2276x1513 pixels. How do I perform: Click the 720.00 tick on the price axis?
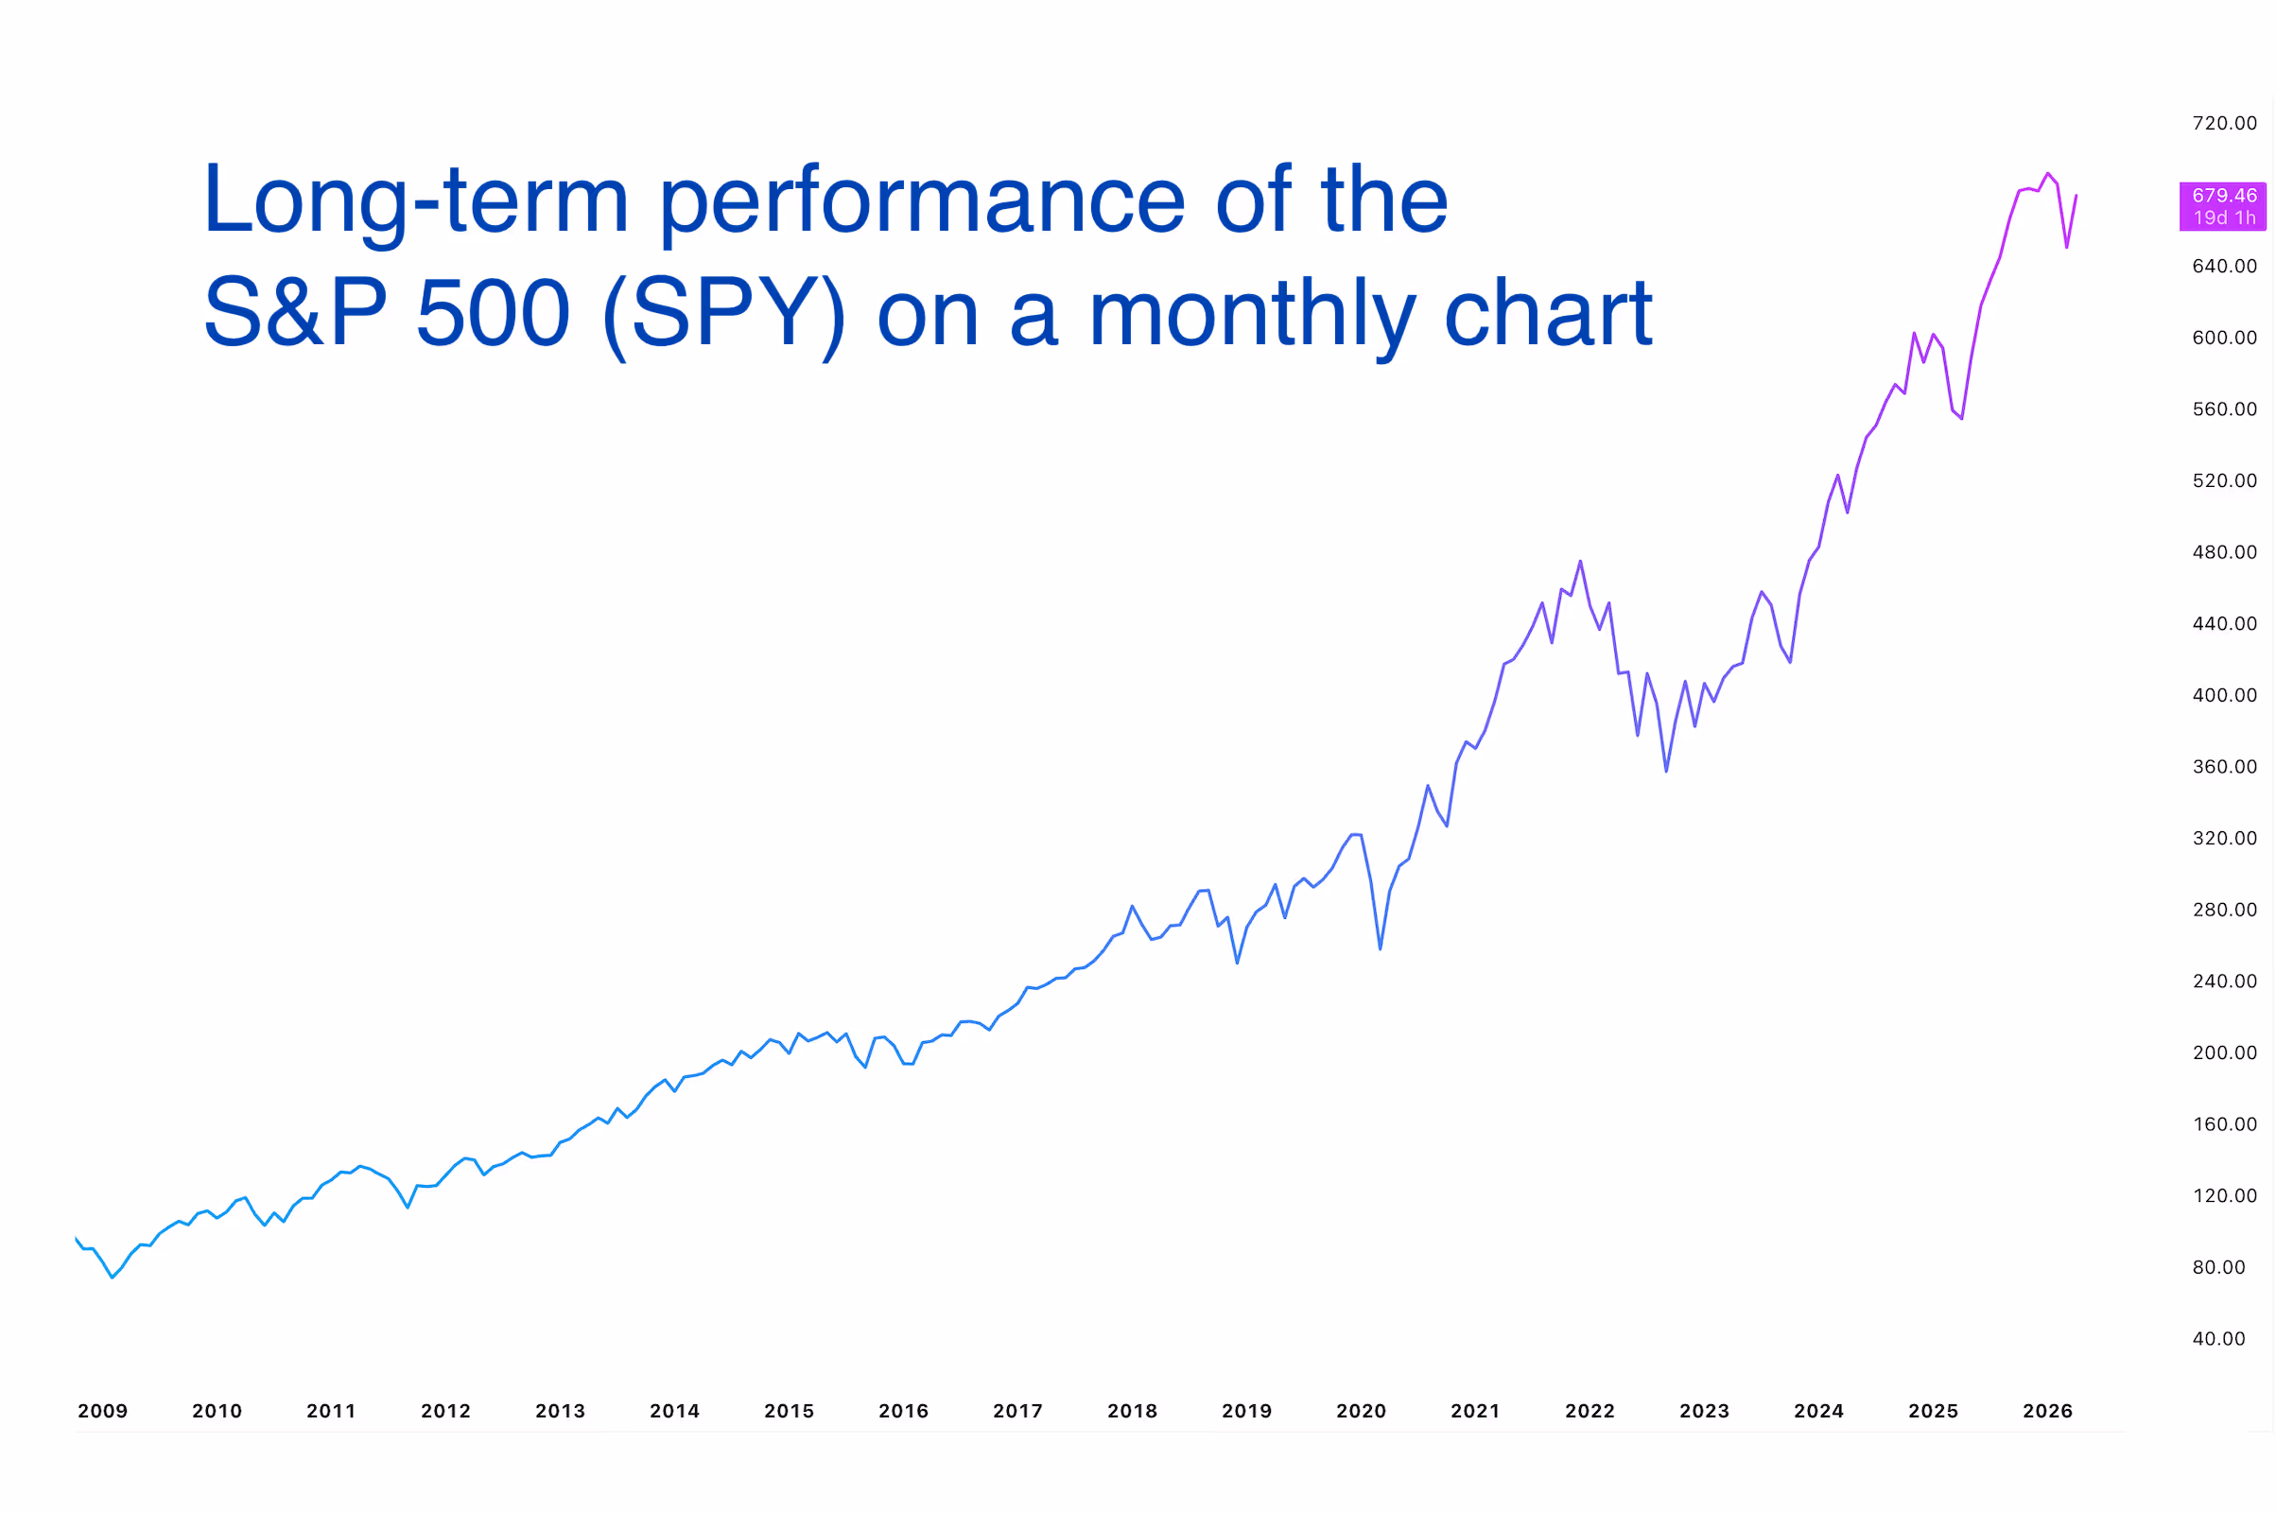pyautogui.click(x=2223, y=124)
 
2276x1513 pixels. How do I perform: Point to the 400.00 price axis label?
pyautogui.click(x=2223, y=696)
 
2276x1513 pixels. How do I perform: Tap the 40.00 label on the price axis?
pyautogui.click(x=2217, y=1339)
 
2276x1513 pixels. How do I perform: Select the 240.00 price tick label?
pyautogui.click(x=2223, y=982)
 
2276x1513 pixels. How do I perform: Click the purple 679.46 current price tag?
pyautogui.click(x=2221, y=205)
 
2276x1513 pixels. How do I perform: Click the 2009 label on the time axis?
pyautogui.click(x=102, y=1412)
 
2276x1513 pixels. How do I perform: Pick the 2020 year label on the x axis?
pyautogui.click(x=1361, y=1412)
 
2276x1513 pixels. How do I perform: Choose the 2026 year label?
pyautogui.click(x=2046, y=1412)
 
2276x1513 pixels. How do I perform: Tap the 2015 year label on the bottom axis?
pyautogui.click(x=789, y=1412)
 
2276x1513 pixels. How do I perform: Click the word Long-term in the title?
pyautogui.click(x=415, y=200)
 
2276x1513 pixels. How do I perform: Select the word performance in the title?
pyautogui.click(x=921, y=200)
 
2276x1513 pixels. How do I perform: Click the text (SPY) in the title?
pyautogui.click(x=723, y=314)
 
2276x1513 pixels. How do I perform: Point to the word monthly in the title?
pyautogui.click(x=1251, y=314)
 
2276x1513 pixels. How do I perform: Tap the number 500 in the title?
pyautogui.click(x=493, y=314)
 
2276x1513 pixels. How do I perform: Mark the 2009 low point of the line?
pyautogui.click(x=113, y=1278)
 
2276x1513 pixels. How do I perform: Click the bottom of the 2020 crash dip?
pyautogui.click(x=1380, y=949)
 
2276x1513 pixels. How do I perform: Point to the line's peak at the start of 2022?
pyautogui.click(x=1579, y=562)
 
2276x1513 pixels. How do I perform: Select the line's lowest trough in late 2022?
pyautogui.click(x=1665, y=771)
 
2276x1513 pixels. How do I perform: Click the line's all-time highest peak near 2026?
pyautogui.click(x=2046, y=174)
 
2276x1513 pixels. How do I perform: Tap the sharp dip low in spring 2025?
pyautogui.click(x=1961, y=419)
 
